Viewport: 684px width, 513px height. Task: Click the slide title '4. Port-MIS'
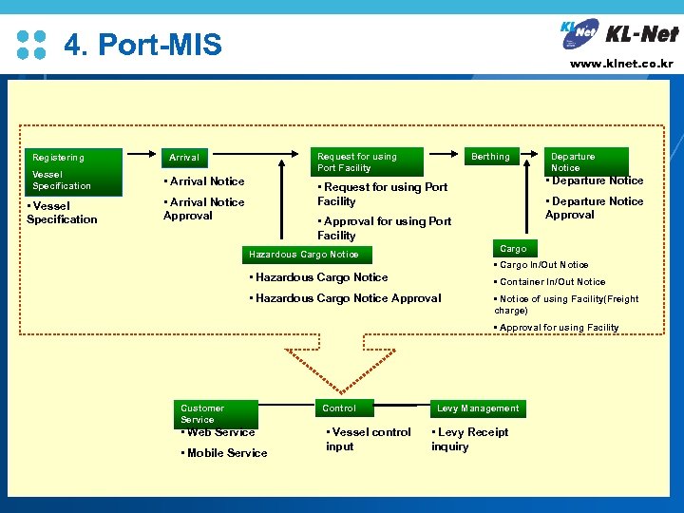pos(142,45)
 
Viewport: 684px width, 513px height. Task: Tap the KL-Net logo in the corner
pos(619,34)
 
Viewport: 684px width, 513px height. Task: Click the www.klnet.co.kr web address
pos(621,65)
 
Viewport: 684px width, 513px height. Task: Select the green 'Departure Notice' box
pos(586,161)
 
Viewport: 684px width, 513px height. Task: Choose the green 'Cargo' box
pos(514,249)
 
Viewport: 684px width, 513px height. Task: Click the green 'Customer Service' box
pos(218,413)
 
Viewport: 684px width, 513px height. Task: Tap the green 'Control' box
pos(345,408)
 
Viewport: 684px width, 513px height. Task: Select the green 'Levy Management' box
pos(478,408)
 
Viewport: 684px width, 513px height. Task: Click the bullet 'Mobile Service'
pos(224,453)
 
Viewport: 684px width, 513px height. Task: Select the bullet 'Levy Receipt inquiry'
pos(470,439)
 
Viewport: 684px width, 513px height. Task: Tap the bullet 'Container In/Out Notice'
pos(550,282)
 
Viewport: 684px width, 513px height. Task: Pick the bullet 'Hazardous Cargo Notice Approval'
pos(344,298)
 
